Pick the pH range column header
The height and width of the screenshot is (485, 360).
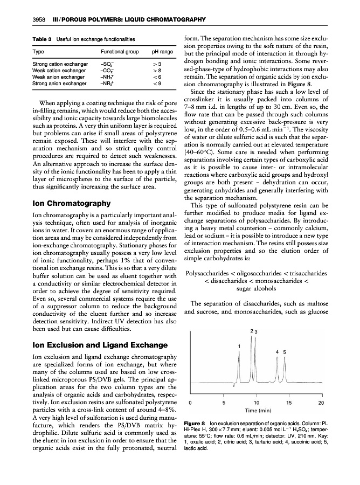163,52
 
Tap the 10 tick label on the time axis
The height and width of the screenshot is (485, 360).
256,402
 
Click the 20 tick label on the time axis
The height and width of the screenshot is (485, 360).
322,402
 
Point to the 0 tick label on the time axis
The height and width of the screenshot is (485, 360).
190,402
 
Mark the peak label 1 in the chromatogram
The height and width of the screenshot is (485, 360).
239,345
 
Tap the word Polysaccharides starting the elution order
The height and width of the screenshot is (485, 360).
209,274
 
